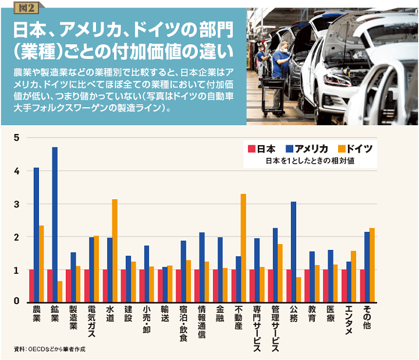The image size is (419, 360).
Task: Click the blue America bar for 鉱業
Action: point(55,224)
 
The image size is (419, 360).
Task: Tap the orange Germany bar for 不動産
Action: point(243,248)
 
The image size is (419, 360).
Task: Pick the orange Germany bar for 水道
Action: point(115,250)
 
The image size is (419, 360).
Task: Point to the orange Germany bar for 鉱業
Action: point(60,291)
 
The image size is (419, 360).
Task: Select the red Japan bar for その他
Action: point(363,285)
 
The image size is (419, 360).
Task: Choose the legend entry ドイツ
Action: point(355,148)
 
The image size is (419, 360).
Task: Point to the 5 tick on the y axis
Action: point(17,138)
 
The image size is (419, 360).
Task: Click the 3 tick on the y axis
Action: point(17,204)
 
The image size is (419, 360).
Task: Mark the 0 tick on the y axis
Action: point(17,302)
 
